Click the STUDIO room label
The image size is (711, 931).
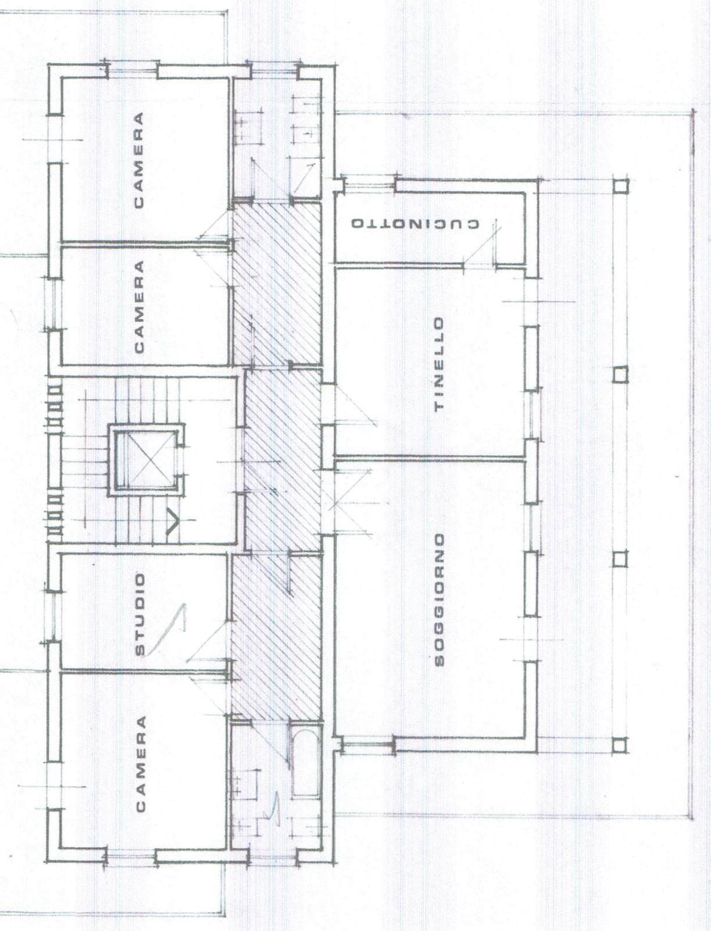[x=140, y=615]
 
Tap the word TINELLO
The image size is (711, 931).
[x=440, y=364]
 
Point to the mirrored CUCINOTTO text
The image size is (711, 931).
[x=415, y=223]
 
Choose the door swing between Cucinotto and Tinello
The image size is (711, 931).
[x=481, y=246]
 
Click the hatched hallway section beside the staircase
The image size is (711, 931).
[x=283, y=460]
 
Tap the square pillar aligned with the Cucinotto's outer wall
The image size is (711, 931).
[x=621, y=186]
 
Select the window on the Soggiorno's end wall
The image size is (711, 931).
[x=368, y=748]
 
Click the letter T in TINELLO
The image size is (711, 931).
[x=440, y=406]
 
